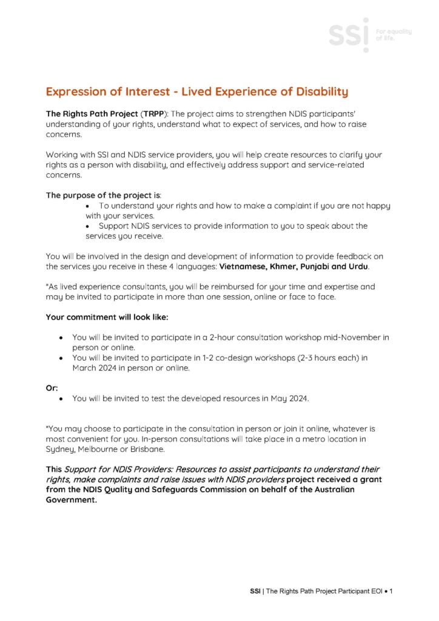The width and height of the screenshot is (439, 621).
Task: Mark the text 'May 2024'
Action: coord(277,399)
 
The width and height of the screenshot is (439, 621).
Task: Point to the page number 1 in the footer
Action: coord(392,591)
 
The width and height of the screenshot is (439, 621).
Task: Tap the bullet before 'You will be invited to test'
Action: coord(61,399)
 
